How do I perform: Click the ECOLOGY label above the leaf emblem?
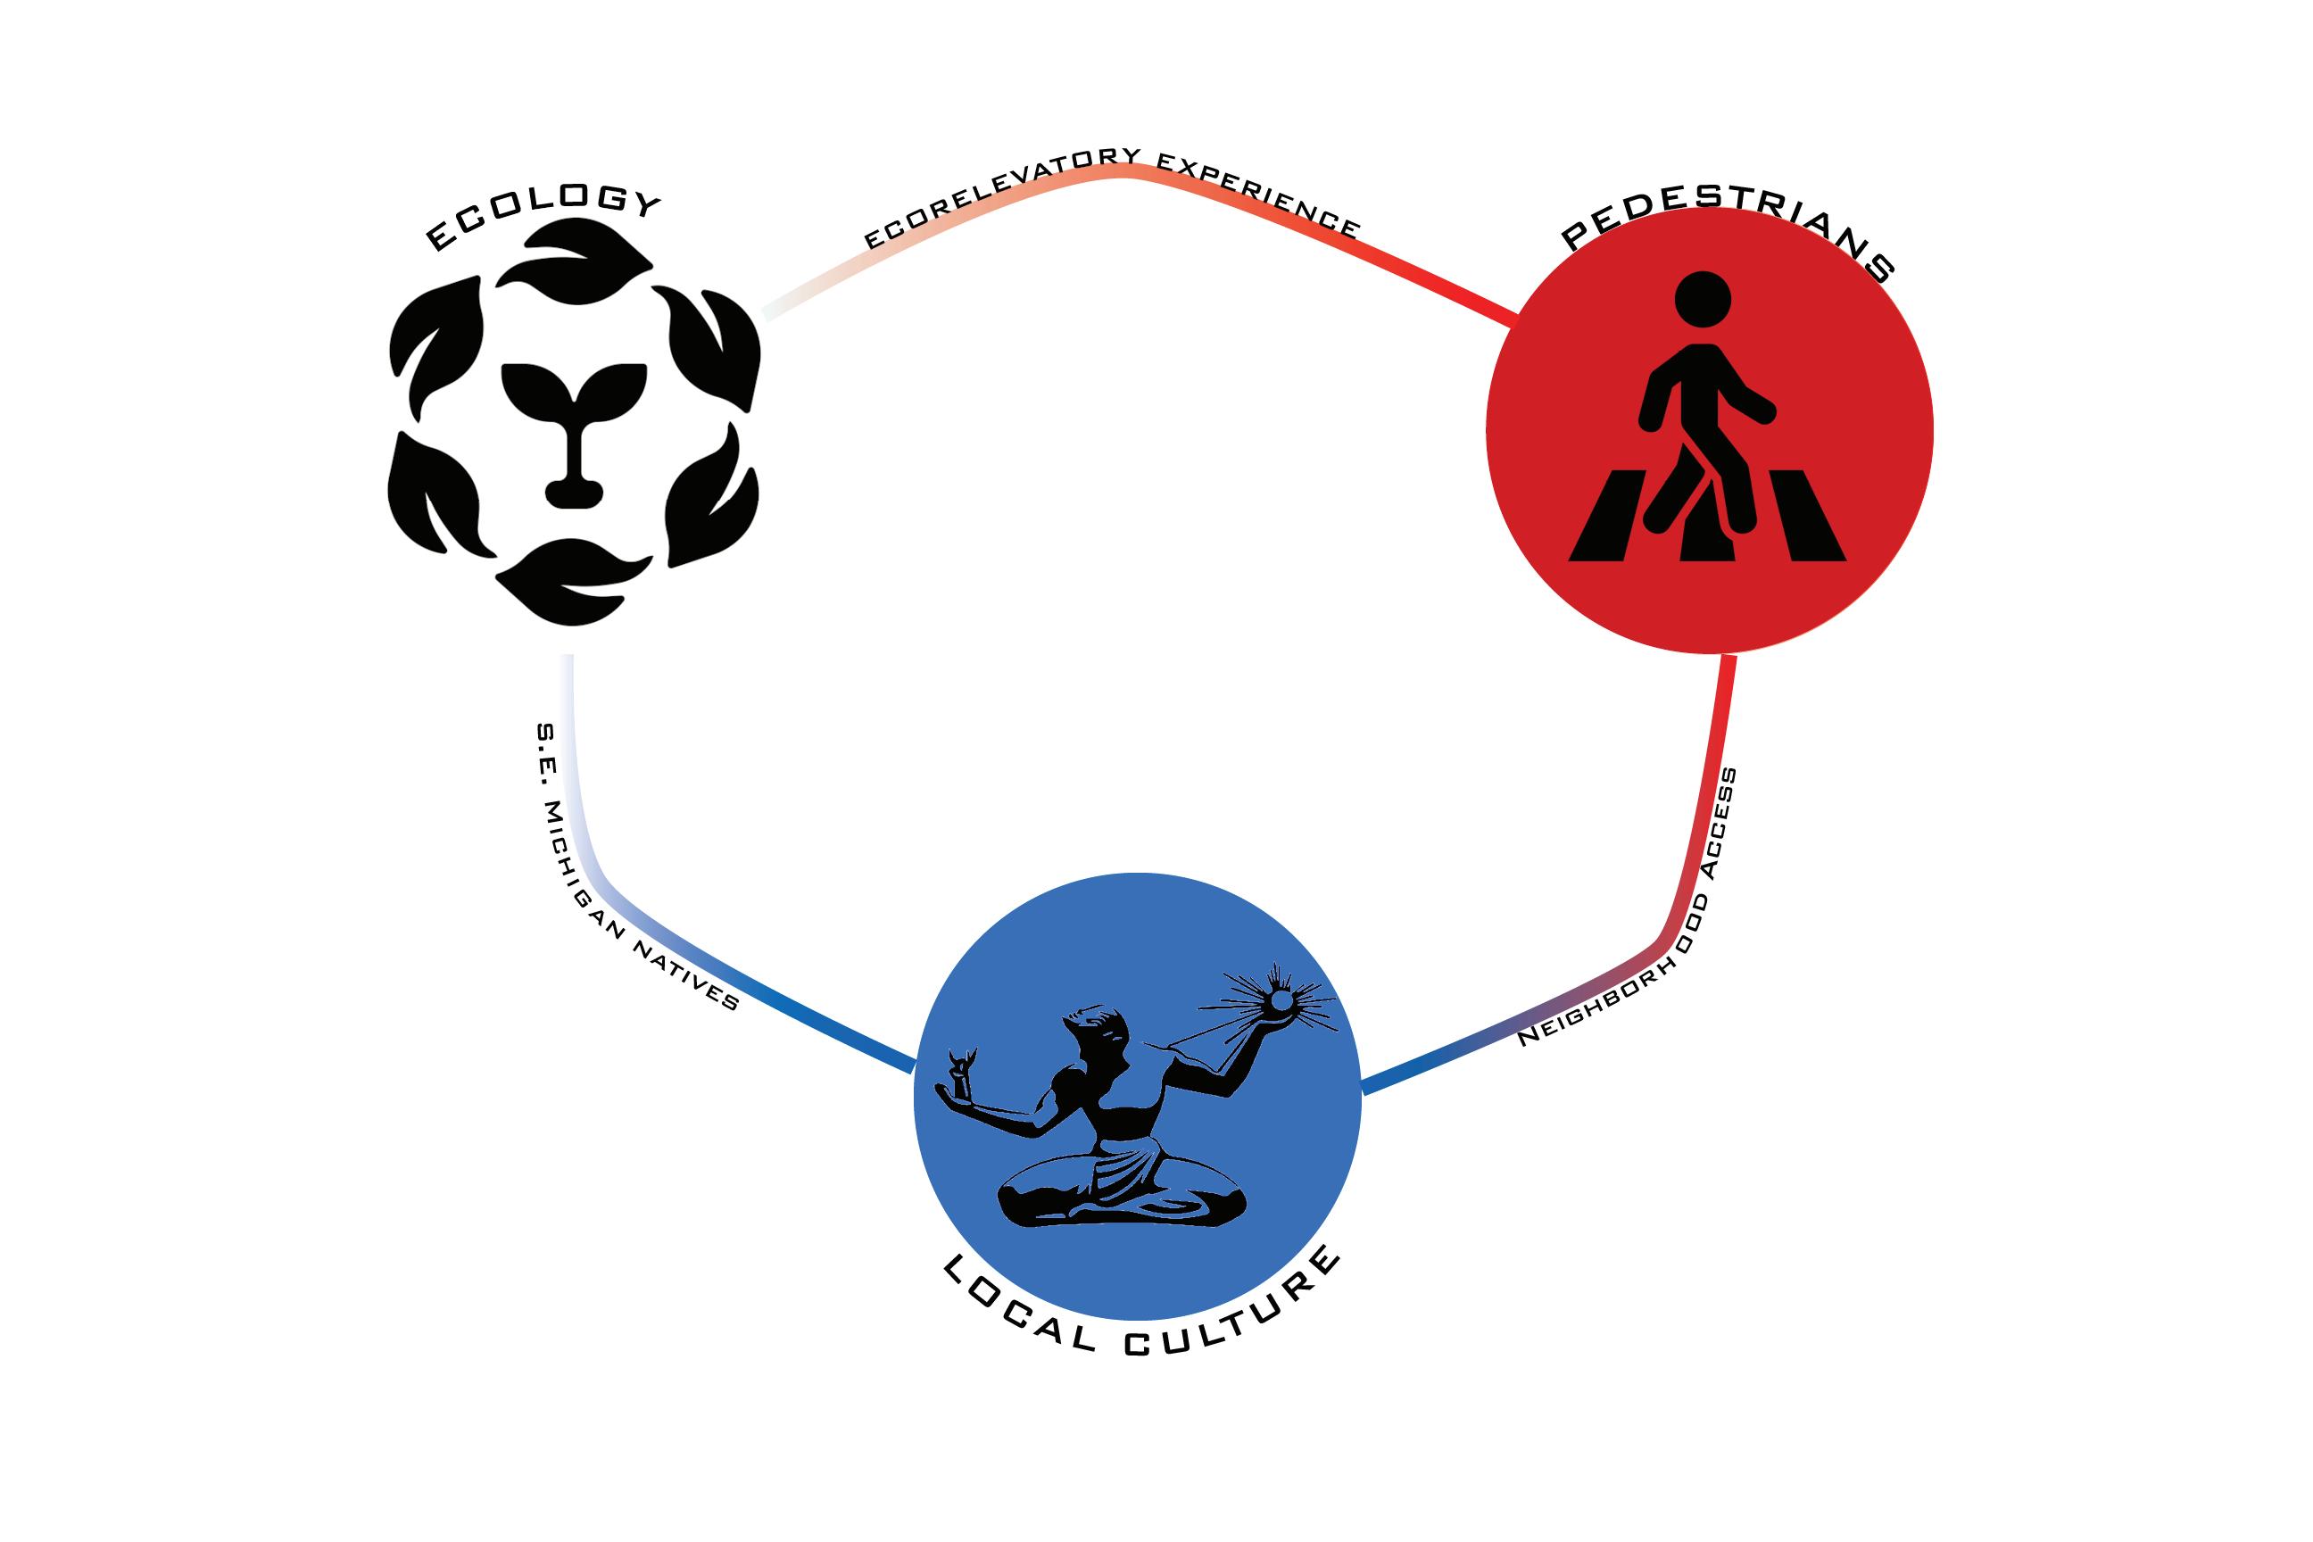tap(542, 216)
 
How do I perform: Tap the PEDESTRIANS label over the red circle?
tap(1728, 231)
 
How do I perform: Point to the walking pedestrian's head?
tap(1703, 298)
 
